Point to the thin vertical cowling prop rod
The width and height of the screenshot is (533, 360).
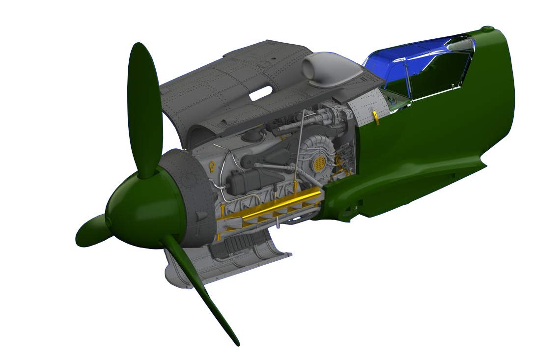coord(300,147)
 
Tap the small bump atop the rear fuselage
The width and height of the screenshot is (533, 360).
coord(487,29)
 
